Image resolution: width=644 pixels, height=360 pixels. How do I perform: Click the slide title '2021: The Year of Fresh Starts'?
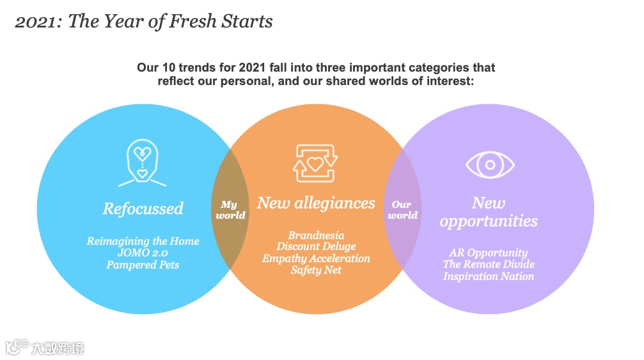[144, 22]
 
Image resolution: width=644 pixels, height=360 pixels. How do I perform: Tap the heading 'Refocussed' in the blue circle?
[143, 209]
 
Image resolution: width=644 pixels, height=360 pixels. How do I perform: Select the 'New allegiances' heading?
[316, 203]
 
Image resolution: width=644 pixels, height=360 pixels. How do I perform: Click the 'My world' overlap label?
[230, 210]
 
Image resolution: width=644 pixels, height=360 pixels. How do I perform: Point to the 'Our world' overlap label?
[402, 210]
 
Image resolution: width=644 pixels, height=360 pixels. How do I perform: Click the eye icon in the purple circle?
[490, 165]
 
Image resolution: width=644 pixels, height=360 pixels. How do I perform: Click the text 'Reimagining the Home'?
[143, 241]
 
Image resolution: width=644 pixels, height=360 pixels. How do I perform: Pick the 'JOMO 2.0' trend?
[143, 253]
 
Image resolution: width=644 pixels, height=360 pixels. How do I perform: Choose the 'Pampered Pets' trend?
[143, 265]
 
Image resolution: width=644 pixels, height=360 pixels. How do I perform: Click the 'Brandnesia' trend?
[316, 235]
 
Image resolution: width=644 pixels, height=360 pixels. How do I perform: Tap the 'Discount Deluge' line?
[316, 247]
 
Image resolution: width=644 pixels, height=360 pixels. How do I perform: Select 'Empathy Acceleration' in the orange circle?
[316, 258]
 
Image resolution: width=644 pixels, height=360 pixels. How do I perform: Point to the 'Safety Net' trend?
[316, 270]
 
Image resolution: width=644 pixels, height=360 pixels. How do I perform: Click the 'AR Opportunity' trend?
[489, 253]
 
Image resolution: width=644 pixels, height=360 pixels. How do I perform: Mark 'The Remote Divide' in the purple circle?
[489, 264]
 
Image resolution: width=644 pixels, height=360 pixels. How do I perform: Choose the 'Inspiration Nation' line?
[489, 276]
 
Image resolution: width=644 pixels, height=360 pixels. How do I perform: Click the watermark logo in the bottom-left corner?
[45, 348]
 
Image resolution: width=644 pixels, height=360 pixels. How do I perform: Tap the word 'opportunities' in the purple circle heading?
[489, 221]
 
